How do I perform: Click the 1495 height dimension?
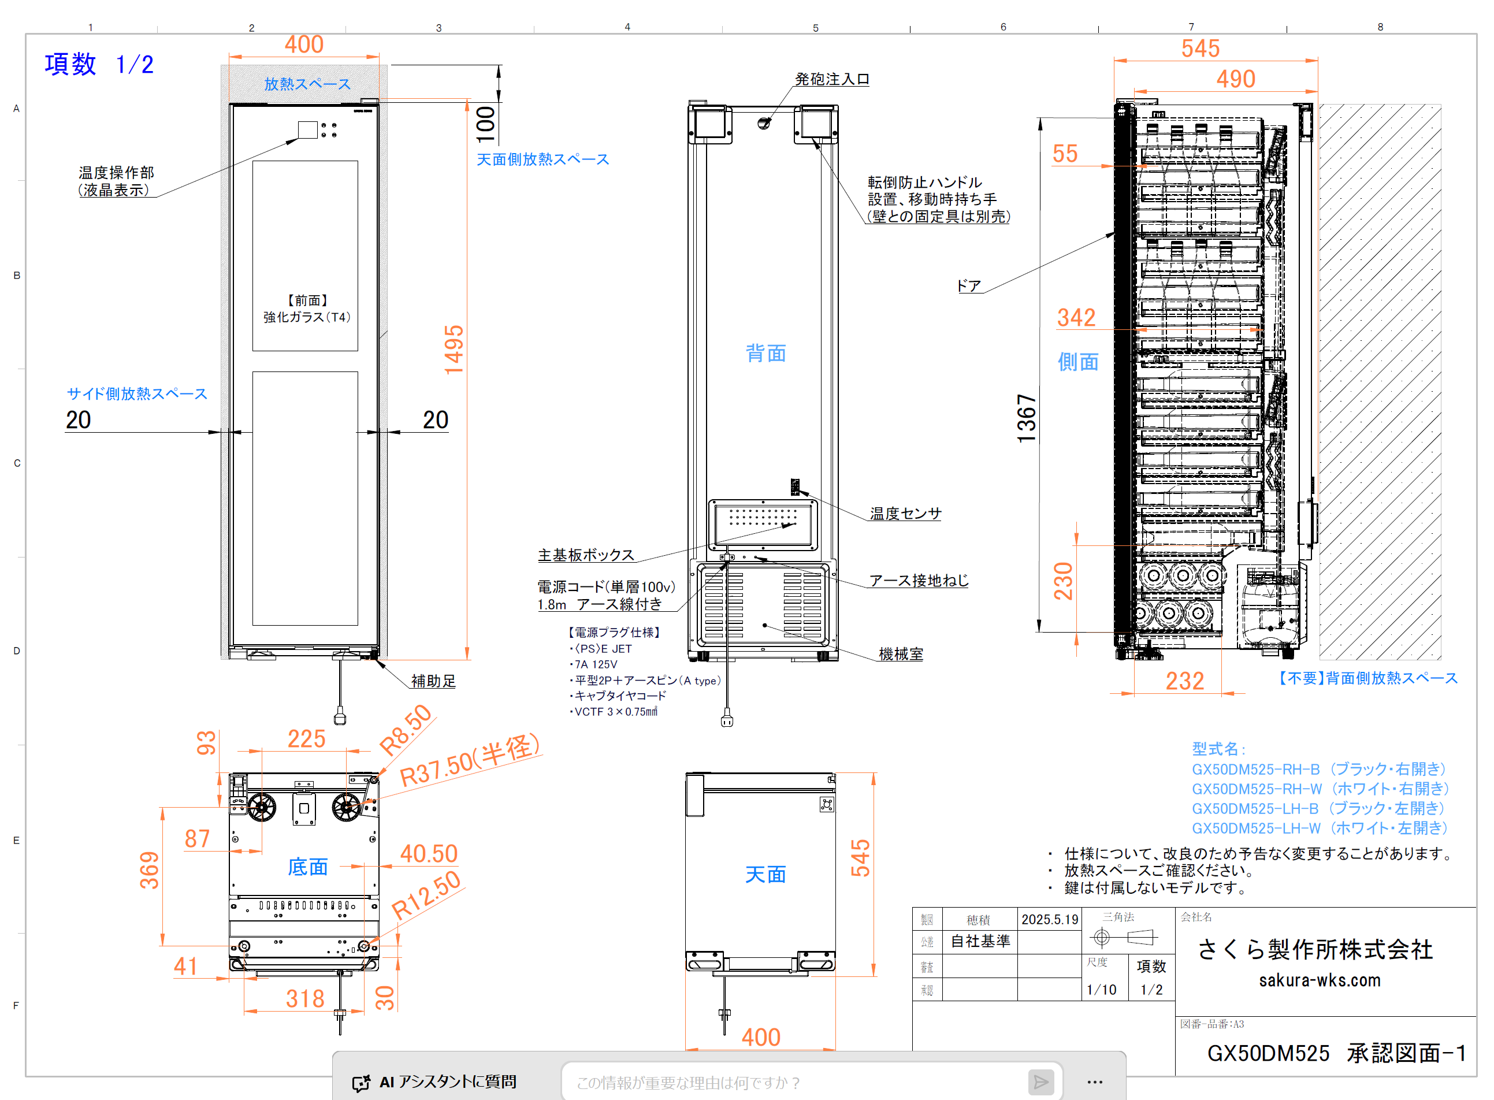pos(454,350)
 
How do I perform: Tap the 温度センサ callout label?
pos(905,514)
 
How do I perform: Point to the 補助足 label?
pos(433,681)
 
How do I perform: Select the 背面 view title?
pos(765,353)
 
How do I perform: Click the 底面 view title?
pos(307,867)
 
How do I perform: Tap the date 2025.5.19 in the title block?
pos(1049,920)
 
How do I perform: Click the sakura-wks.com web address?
pos(1319,980)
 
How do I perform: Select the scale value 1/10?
pos(1101,990)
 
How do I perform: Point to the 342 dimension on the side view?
pos(1076,318)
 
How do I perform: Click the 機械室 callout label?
pos(901,654)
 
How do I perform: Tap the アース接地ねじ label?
pos(919,580)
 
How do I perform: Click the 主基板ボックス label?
pos(586,555)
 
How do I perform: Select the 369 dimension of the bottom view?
pos(150,869)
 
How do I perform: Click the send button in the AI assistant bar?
pos(1040,1082)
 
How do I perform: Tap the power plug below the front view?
pos(340,718)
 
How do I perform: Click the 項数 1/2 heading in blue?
pos(99,65)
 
